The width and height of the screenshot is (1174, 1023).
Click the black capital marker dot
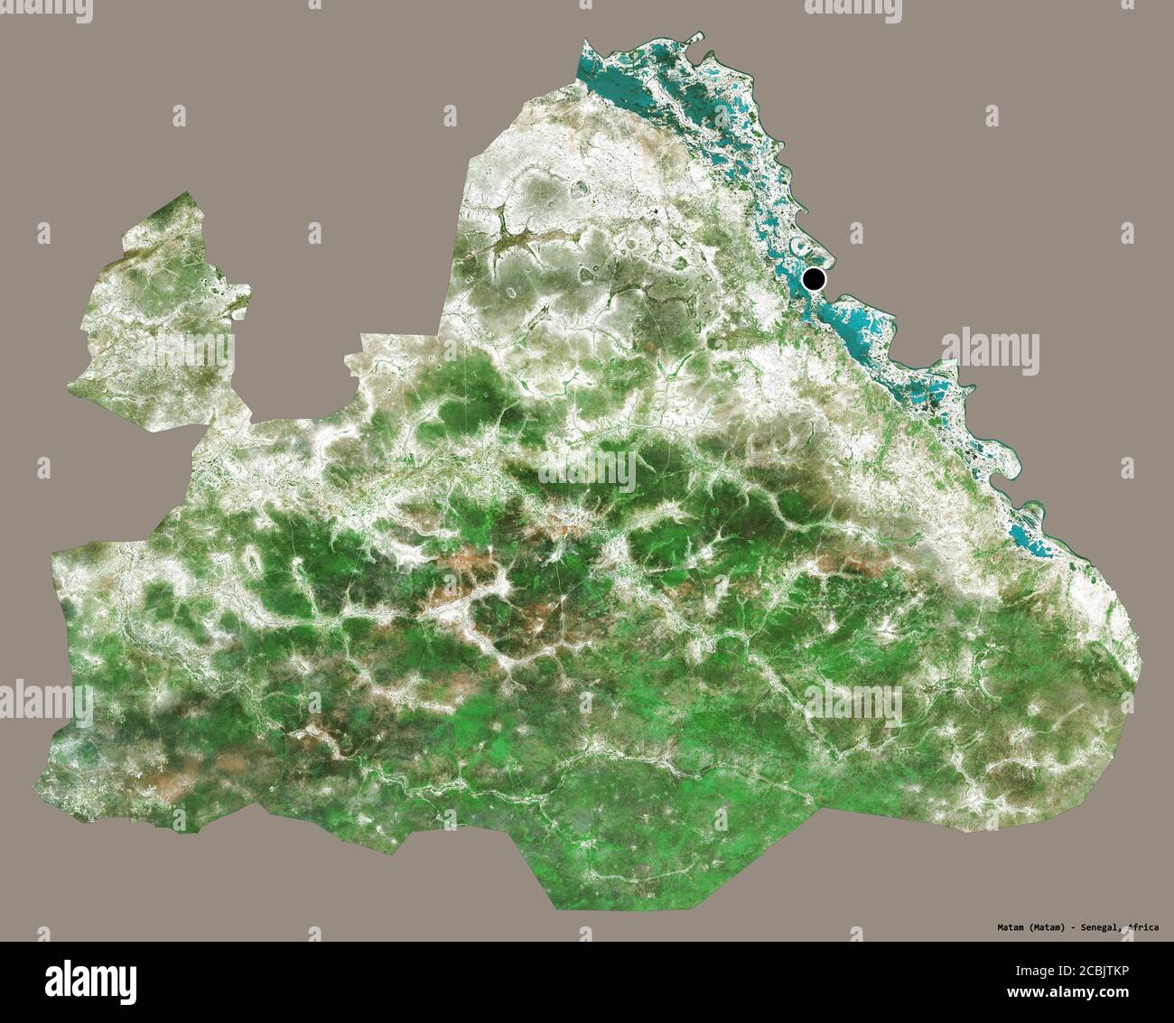pos(815,279)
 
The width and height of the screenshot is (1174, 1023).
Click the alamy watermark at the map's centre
pos(587,468)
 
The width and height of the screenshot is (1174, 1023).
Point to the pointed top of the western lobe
pos(188,193)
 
